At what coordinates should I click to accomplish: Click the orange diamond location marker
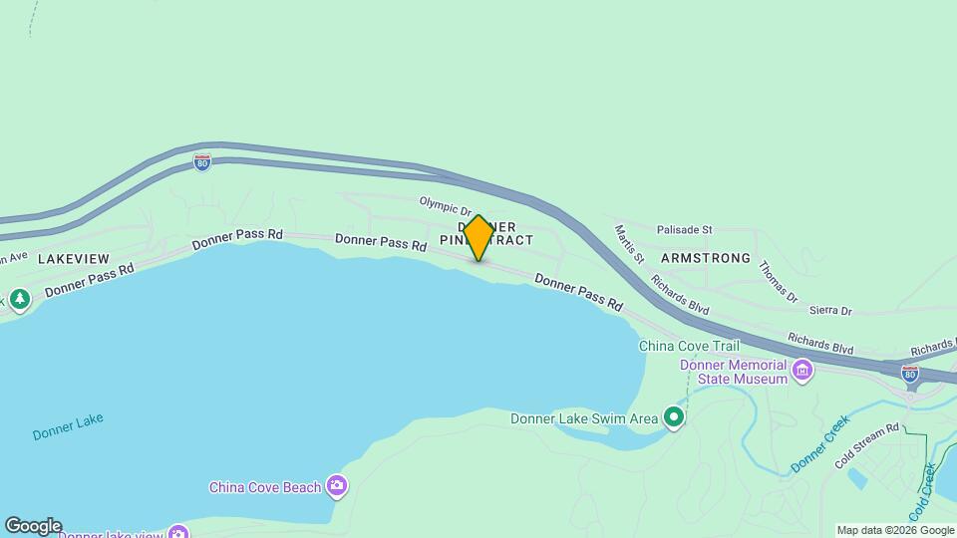click(x=478, y=238)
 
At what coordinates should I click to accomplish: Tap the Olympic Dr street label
click(x=445, y=205)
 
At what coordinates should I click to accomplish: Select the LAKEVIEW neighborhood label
click(x=73, y=258)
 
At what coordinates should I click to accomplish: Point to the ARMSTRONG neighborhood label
click(x=705, y=258)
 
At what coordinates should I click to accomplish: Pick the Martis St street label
click(x=627, y=244)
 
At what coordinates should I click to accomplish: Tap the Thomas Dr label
click(x=779, y=282)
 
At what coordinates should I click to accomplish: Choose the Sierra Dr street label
click(x=830, y=311)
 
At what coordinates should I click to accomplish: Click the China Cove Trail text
click(x=689, y=346)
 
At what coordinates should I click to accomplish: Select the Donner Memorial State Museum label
click(x=734, y=372)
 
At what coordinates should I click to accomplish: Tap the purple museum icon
click(x=802, y=373)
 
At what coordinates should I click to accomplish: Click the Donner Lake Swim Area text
click(x=584, y=418)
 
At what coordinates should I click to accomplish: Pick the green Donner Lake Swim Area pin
click(x=674, y=417)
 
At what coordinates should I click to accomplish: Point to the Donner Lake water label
click(x=68, y=427)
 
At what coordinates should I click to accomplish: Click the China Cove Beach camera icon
click(x=337, y=485)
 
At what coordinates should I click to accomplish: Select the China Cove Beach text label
click(x=264, y=487)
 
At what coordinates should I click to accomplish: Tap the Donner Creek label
click(x=819, y=444)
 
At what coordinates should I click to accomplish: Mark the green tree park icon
click(x=19, y=299)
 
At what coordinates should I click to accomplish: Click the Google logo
click(x=32, y=526)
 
